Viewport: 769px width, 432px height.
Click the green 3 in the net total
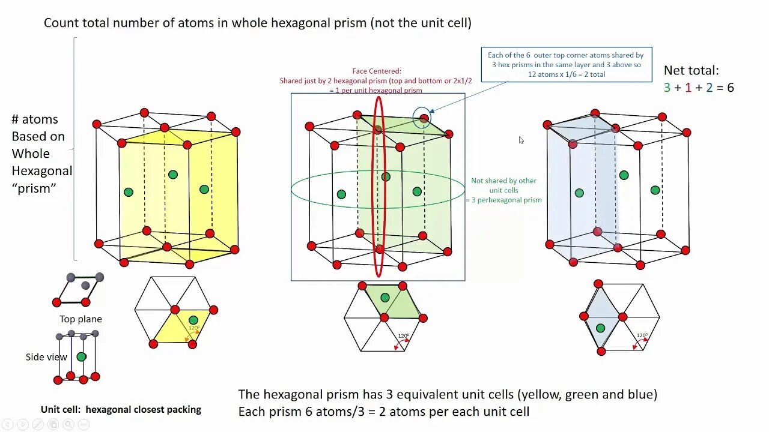(667, 88)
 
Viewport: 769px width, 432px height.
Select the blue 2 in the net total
(710, 88)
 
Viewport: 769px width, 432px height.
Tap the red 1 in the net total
(688, 88)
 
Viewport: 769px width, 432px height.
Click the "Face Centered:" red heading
(376, 71)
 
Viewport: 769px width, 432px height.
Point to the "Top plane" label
(81, 319)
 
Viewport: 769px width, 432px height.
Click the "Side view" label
(46, 357)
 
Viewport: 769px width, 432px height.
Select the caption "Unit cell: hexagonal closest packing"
(121, 410)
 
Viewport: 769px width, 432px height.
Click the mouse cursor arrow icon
(521, 140)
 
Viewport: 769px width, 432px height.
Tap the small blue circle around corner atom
(422, 118)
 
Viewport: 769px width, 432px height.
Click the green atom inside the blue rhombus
(600, 328)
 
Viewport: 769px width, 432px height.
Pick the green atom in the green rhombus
(385, 298)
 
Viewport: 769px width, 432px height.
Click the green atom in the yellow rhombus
(193, 320)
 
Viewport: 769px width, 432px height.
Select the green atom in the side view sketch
(81, 356)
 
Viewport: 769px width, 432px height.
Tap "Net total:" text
(691, 70)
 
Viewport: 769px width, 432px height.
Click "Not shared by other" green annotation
(503, 181)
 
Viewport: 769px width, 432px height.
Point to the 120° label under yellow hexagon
(194, 328)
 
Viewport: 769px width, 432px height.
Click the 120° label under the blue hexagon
(642, 335)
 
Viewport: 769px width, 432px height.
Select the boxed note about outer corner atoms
(566, 65)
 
